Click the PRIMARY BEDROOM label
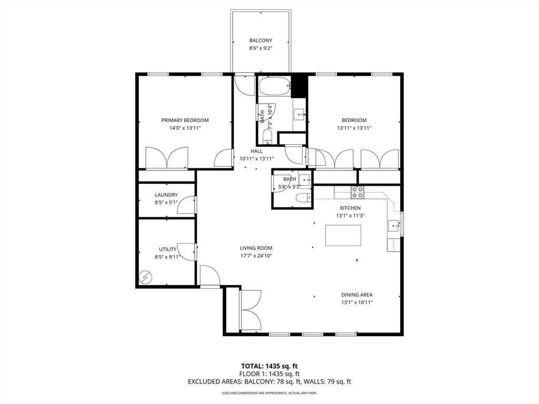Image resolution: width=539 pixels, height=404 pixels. [185, 120]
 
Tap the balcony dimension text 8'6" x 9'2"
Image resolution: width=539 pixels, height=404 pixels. [261, 48]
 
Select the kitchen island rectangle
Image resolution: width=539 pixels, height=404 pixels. [343, 235]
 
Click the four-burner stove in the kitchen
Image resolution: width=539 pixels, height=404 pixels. [357, 192]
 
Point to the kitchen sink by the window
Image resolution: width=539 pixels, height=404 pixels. [393, 226]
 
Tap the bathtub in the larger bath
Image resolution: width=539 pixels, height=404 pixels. [274, 86]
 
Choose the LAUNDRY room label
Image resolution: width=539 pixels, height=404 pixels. [166, 195]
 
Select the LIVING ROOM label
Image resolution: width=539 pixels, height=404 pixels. [256, 248]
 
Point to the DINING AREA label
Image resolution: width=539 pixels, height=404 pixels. [357, 295]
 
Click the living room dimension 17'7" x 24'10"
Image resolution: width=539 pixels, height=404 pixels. [256, 256]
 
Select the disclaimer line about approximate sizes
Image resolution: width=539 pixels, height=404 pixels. [269, 393]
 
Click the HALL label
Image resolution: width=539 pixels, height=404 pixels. [256, 151]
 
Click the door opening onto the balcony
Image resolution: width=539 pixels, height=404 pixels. [244, 84]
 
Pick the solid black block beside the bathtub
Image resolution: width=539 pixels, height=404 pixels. [299, 86]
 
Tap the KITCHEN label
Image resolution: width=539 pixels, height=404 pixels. [350, 208]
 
